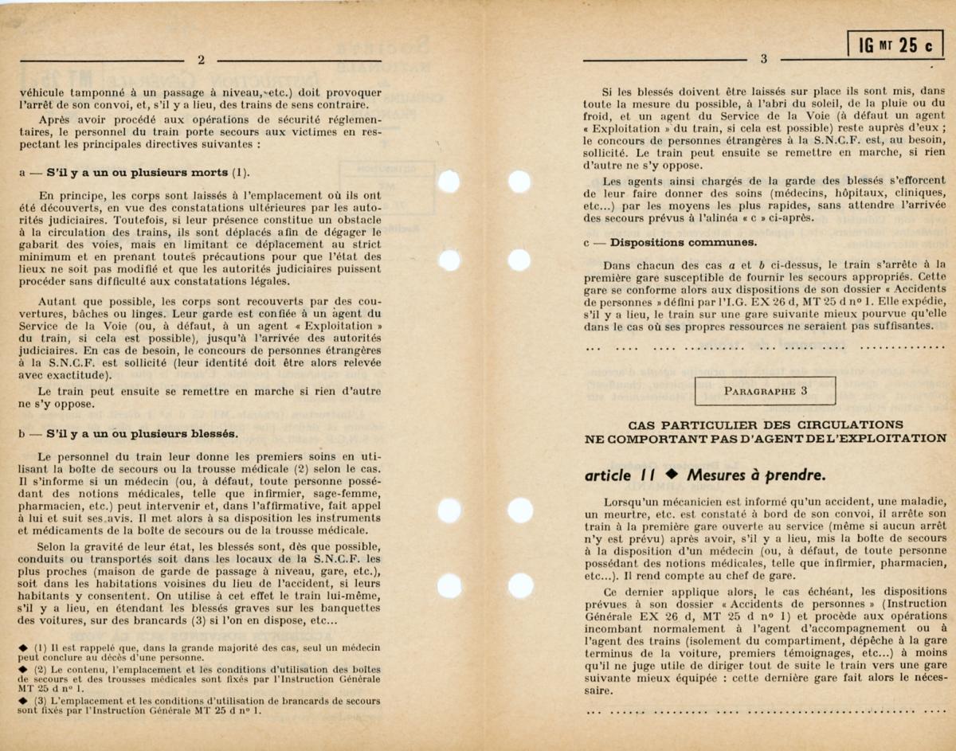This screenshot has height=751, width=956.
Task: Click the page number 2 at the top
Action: tap(201, 60)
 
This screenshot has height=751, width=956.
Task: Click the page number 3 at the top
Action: tap(763, 59)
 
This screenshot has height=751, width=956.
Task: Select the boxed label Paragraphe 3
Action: tap(765, 391)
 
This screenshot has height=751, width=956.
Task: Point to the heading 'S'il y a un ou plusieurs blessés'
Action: tap(142, 434)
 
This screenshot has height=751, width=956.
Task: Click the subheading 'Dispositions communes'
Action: tap(684, 242)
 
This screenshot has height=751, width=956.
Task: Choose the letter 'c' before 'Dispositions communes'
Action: tap(586, 242)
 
